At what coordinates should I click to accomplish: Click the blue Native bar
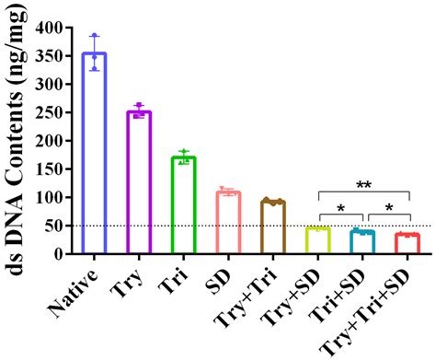(94, 152)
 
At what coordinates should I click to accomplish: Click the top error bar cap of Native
(94, 35)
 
